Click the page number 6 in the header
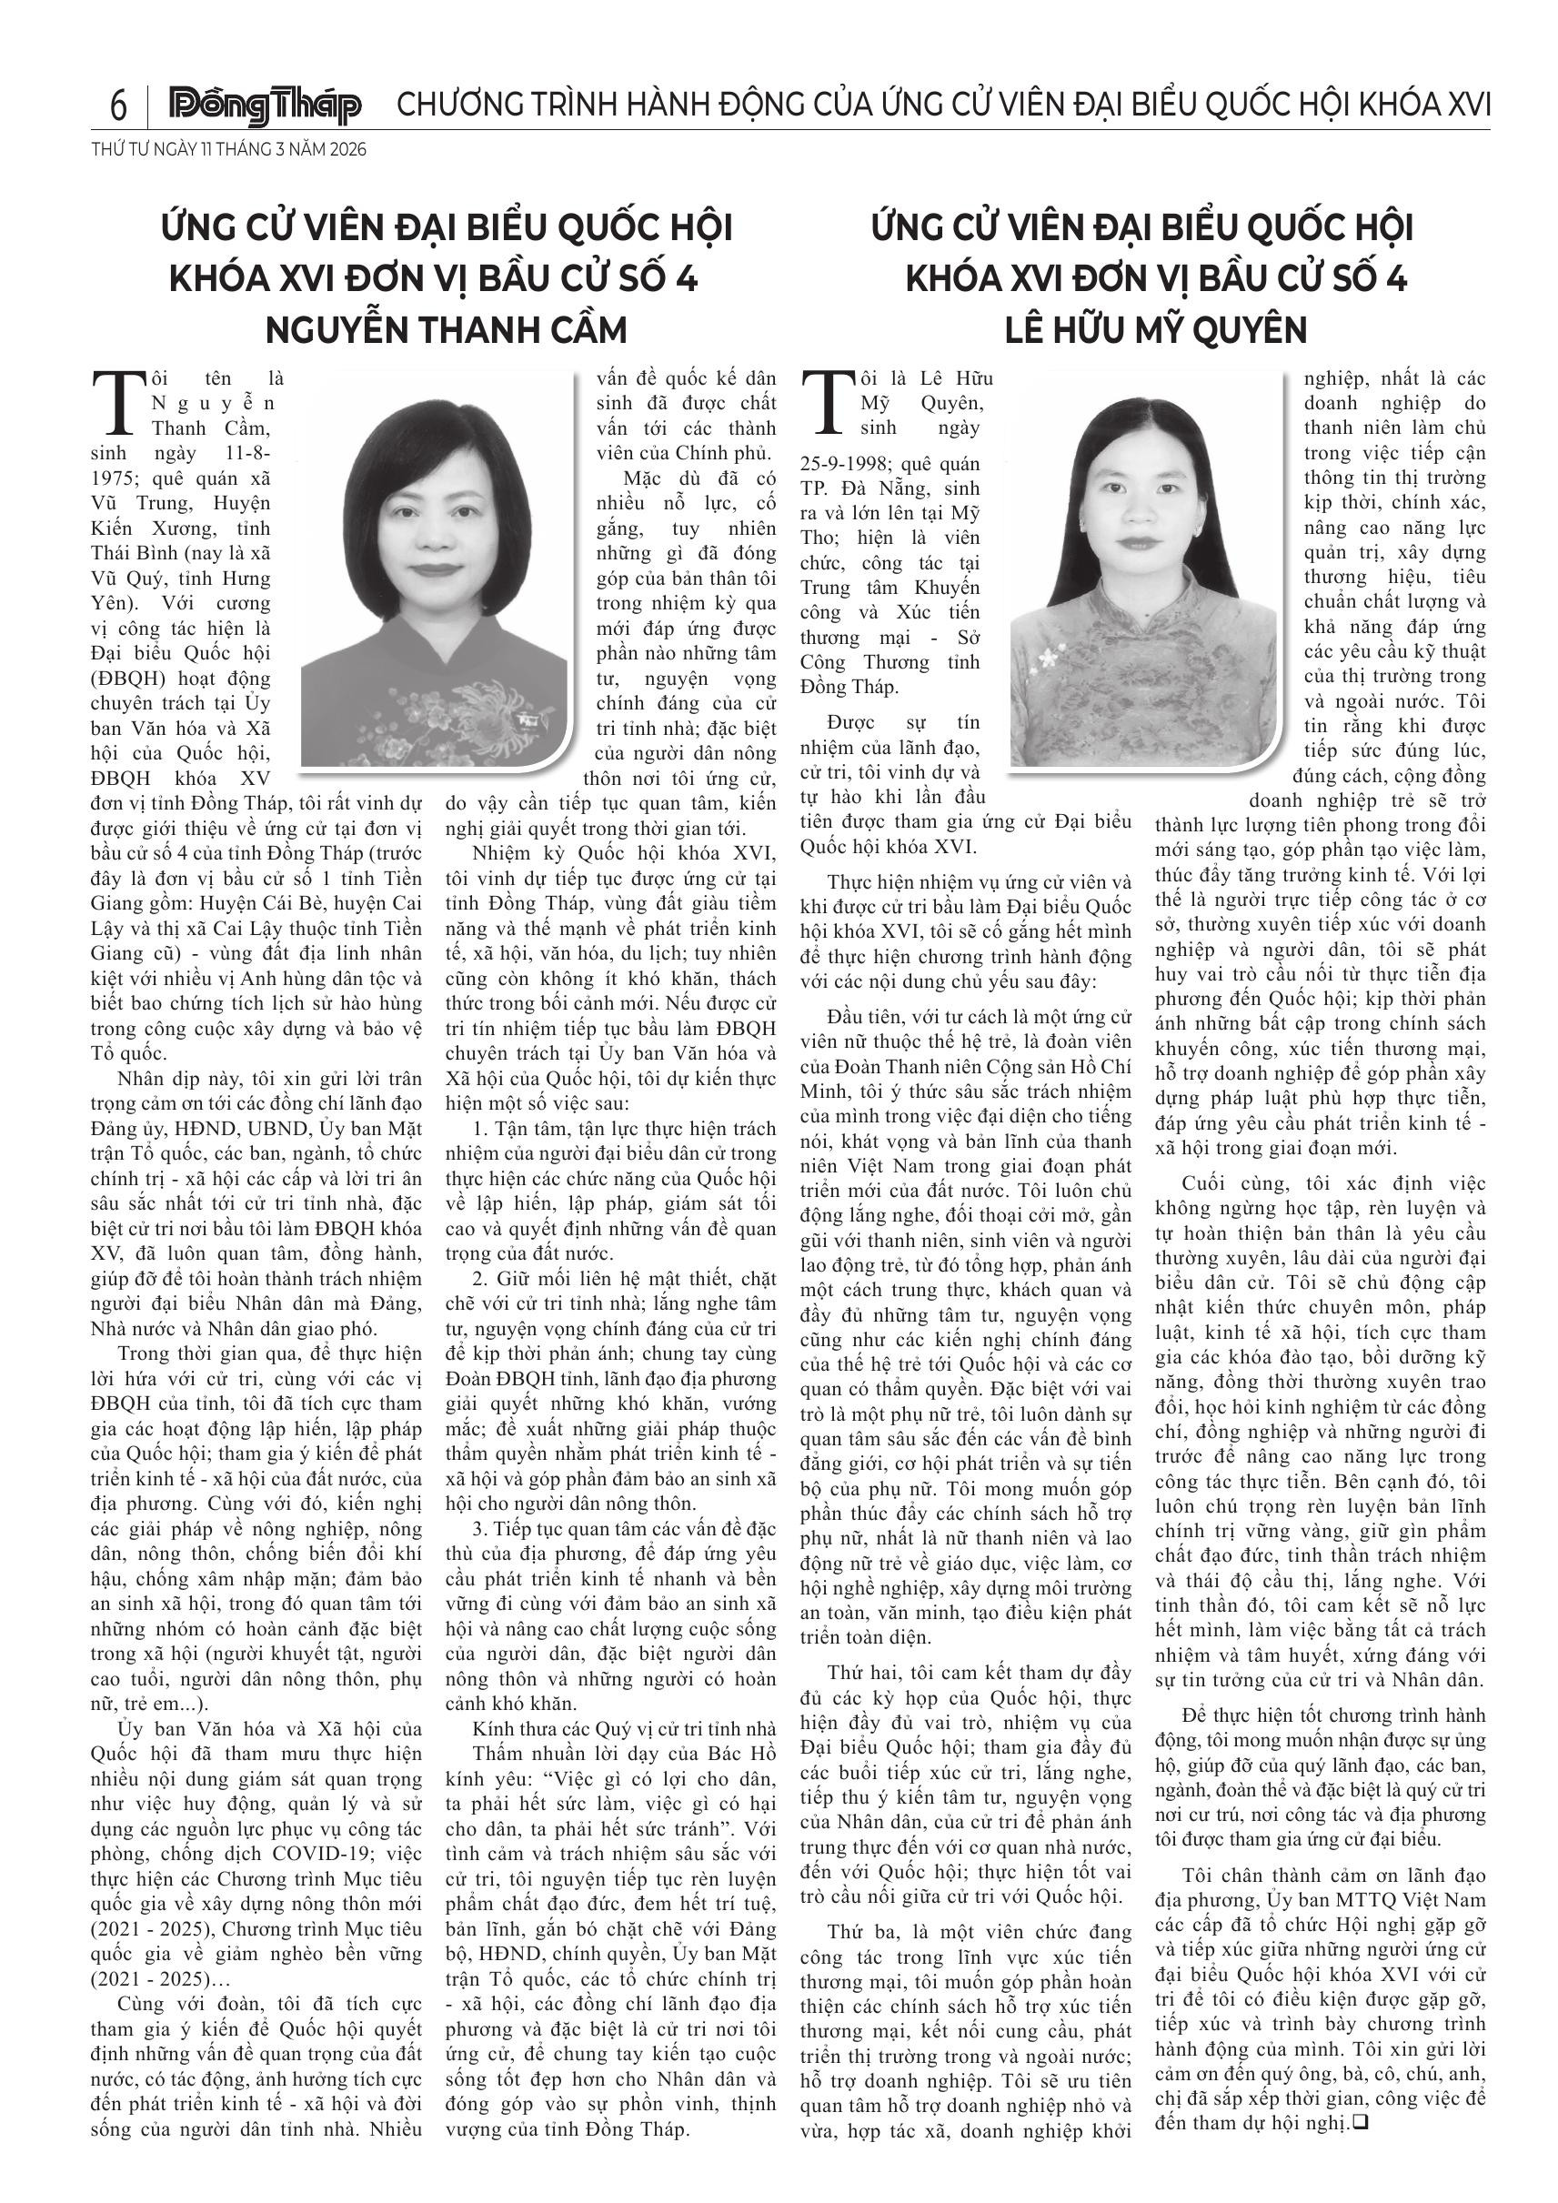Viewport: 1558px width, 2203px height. pos(118,105)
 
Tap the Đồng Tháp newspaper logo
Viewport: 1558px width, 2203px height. pos(265,106)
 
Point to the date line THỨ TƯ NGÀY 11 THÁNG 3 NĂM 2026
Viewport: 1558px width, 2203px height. pos(229,150)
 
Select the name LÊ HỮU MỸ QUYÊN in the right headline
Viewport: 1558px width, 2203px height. pos(1156,329)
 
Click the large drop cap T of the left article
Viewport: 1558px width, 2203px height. pos(119,403)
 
